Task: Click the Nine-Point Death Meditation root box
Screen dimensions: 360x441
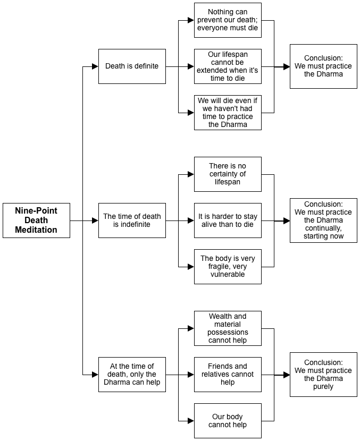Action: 36,220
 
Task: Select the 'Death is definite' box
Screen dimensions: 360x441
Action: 132,66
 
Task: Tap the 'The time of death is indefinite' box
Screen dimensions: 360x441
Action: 132,220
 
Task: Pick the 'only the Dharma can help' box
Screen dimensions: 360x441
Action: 132,375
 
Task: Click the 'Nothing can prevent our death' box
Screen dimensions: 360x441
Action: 228,20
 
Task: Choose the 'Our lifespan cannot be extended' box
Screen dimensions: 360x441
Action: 228,66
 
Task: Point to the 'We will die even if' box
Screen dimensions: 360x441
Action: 228,113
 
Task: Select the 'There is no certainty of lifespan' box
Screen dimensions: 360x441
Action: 228,174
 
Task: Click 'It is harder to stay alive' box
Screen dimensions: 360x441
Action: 228,220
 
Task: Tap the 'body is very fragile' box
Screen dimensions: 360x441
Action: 228,267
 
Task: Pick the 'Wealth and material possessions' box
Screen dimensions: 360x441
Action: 228,328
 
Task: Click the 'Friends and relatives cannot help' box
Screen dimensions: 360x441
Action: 228,375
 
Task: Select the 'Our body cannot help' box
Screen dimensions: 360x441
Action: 228,421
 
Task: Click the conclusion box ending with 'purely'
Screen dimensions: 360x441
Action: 323,375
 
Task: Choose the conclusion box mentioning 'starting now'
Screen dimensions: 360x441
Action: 323,220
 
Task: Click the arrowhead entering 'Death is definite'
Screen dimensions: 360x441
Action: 95,66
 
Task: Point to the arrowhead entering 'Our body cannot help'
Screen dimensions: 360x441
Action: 191,421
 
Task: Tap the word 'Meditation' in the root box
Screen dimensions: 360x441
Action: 36,230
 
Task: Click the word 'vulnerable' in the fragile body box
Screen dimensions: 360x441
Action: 228,274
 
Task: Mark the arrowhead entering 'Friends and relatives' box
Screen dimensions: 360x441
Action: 191,375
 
